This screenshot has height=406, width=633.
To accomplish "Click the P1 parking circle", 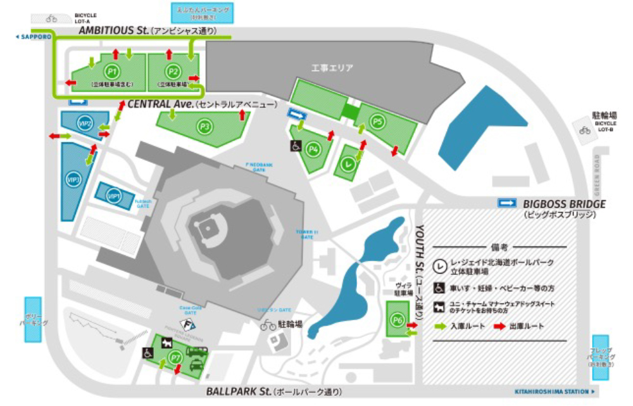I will tap(113, 72).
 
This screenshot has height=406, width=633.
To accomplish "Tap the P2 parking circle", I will tap(172, 72).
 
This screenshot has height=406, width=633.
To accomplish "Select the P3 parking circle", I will tap(204, 126).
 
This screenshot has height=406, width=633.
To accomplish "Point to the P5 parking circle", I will tap(377, 120).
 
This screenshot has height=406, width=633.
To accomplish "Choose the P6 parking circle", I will tap(398, 319).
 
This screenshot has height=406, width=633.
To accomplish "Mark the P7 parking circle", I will tap(177, 359).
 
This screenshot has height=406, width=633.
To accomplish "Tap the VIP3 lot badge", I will tap(73, 181).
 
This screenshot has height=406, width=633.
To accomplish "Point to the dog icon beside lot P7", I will tap(166, 343).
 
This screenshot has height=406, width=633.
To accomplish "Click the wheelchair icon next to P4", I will tap(296, 146).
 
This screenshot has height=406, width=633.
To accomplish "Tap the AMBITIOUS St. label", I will tap(113, 30).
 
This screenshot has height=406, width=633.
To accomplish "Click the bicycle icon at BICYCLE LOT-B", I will tap(584, 130).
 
